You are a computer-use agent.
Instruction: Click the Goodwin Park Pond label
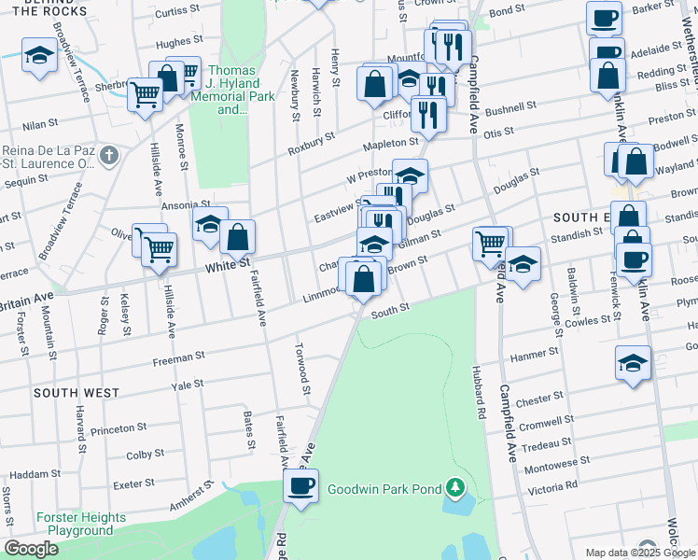(384, 488)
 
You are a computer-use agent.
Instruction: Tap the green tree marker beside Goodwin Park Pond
(455, 487)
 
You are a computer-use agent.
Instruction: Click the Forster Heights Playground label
(80, 524)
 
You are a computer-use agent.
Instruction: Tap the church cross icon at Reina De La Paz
(109, 155)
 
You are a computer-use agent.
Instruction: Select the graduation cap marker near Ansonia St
(210, 225)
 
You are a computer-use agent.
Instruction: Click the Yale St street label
(187, 385)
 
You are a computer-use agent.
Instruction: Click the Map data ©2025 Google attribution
(626, 553)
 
